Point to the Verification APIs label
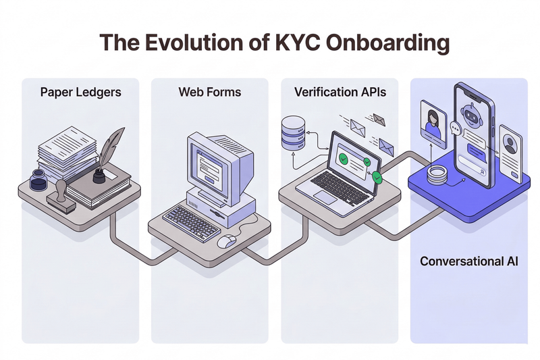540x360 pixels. [340, 91]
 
